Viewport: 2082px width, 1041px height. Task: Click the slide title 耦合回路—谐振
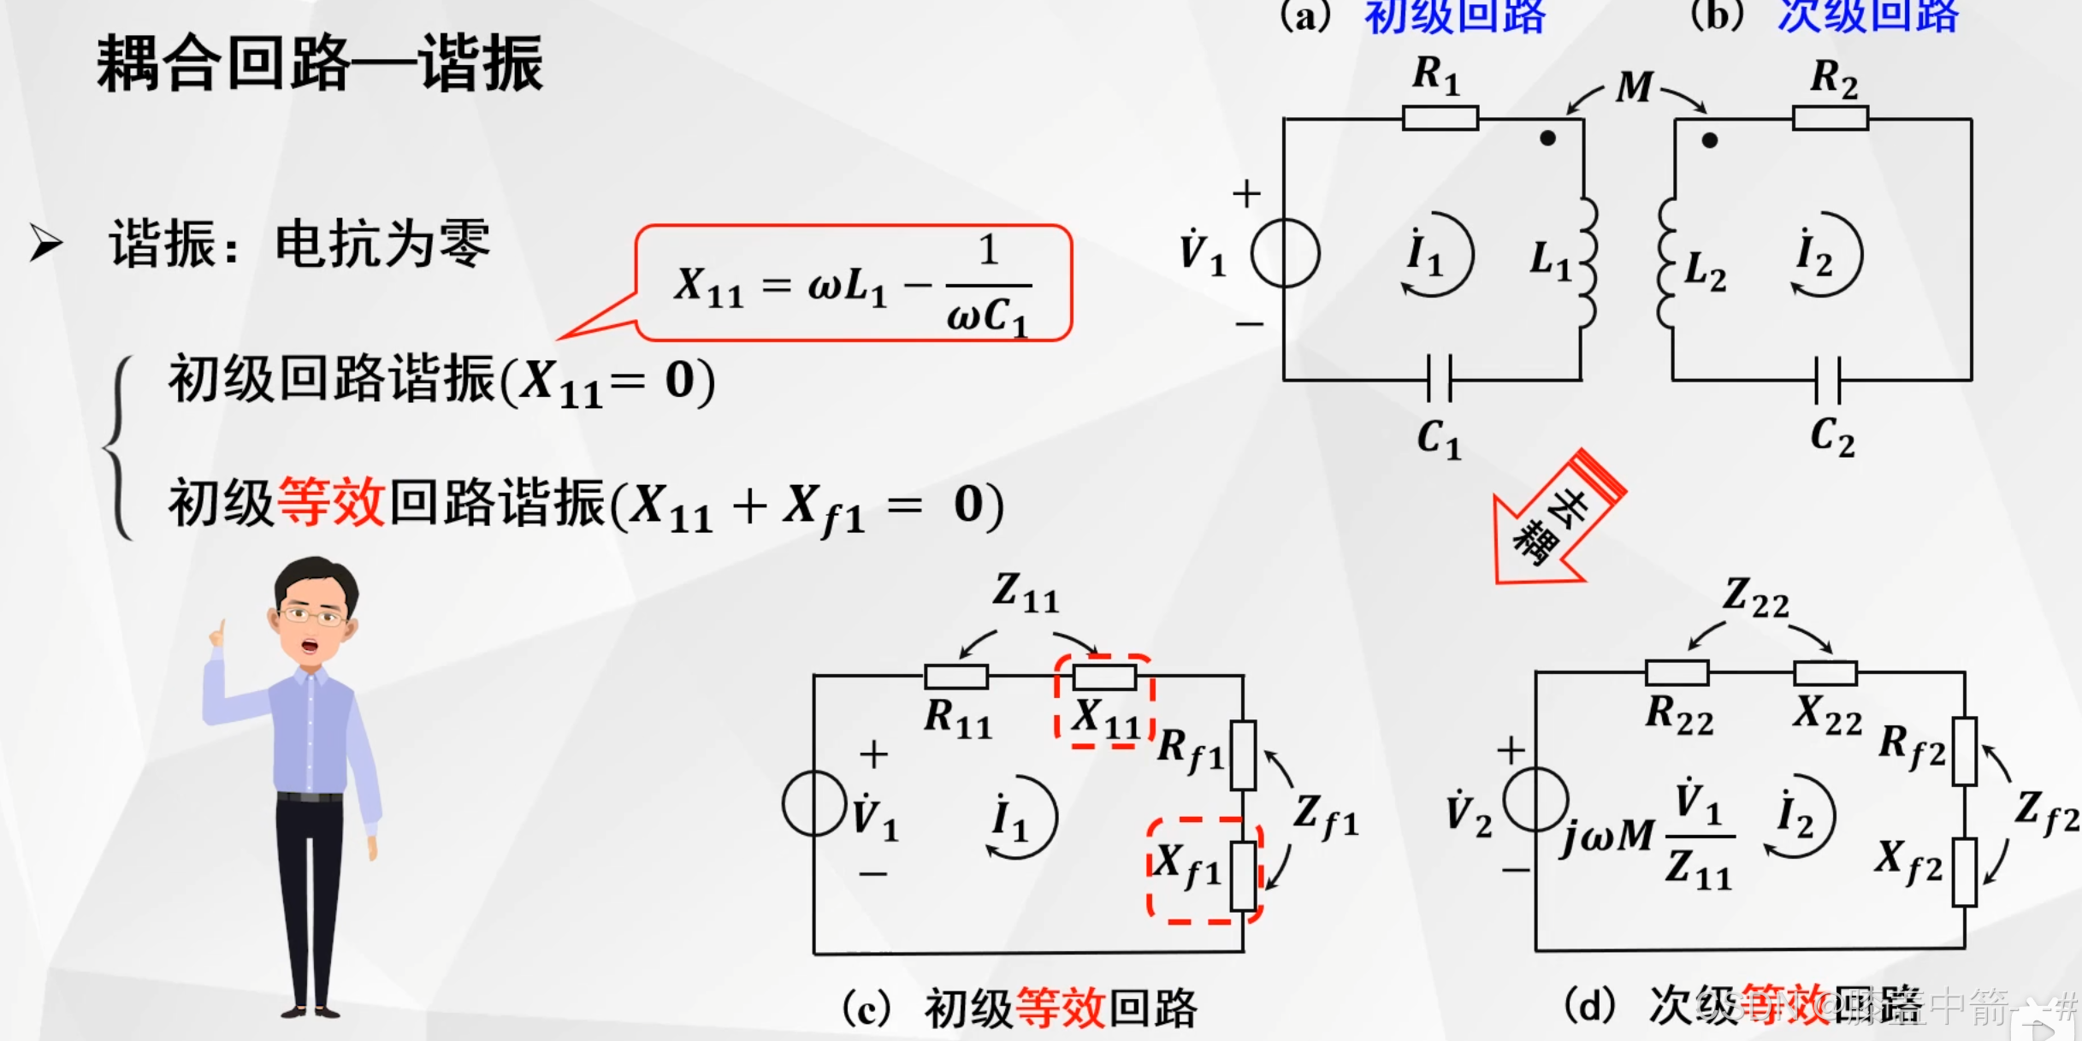320,63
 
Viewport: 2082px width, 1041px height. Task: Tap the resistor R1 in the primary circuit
1440,118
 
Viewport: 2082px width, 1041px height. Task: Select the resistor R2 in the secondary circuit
1830,118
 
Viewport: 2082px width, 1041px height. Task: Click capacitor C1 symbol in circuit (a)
1440,379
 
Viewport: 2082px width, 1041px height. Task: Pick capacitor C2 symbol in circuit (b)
1828,379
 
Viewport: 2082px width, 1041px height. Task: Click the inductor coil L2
1666,263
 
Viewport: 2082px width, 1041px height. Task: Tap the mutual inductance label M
1635,87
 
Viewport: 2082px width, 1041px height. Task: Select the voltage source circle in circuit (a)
1285,253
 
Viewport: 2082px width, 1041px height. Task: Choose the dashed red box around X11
1104,701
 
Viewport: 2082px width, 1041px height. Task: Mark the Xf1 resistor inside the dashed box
1243,876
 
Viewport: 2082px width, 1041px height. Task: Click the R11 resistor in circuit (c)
956,677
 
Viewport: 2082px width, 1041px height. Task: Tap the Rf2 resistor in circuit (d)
1964,752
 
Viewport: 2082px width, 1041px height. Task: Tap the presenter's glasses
311,615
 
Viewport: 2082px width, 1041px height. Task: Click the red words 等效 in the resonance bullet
331,503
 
